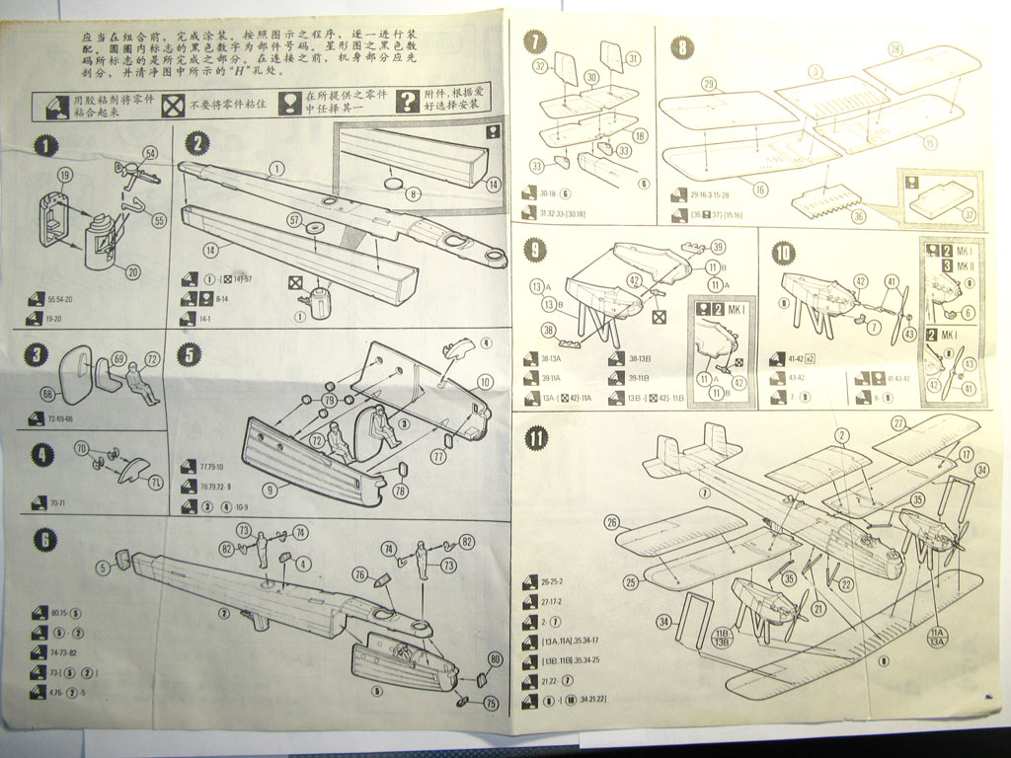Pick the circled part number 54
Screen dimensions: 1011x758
[x=150, y=152]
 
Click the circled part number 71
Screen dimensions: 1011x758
[x=157, y=482]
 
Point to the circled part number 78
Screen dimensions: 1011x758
[x=400, y=492]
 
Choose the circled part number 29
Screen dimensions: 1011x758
[x=708, y=83]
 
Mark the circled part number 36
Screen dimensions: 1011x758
[x=858, y=216]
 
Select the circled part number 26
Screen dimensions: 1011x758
[x=612, y=522]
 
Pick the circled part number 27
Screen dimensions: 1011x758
[x=898, y=422]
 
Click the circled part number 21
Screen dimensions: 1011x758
[x=818, y=610]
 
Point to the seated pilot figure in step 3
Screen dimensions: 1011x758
[x=141, y=384]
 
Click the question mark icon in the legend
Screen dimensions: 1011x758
[x=408, y=102]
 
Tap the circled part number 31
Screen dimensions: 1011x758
[x=633, y=59]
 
